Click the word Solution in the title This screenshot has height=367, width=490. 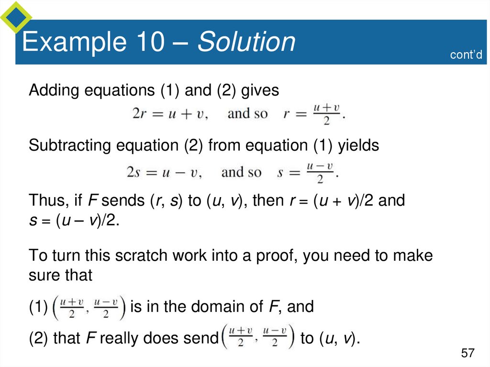(247, 42)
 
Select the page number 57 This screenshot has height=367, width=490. (468, 354)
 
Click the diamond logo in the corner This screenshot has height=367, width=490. (15, 17)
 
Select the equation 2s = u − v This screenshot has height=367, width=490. (164, 172)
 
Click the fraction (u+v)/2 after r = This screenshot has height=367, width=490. (326, 114)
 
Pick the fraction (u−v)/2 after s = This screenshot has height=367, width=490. (320, 172)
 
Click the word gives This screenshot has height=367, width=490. (260, 90)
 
